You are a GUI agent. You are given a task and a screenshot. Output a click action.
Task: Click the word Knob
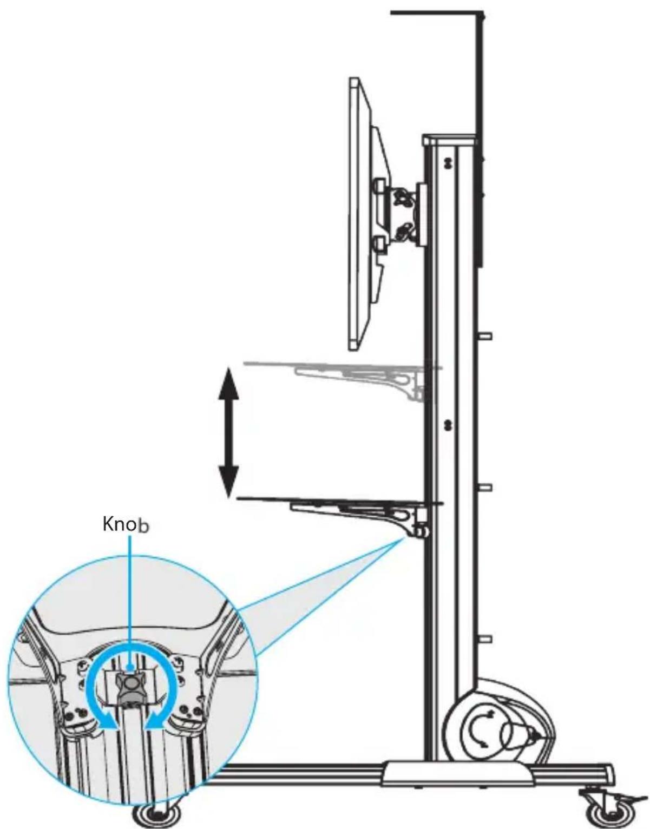click(126, 524)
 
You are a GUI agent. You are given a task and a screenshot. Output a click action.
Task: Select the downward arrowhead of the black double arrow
click(228, 482)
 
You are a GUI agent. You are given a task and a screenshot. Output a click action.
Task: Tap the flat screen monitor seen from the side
click(366, 214)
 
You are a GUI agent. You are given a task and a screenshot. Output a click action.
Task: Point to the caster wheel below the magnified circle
click(157, 813)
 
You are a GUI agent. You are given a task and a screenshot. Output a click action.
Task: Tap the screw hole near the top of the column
click(448, 162)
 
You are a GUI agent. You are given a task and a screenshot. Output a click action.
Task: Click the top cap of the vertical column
click(450, 140)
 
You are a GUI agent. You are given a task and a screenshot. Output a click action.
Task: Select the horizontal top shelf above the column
click(435, 13)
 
